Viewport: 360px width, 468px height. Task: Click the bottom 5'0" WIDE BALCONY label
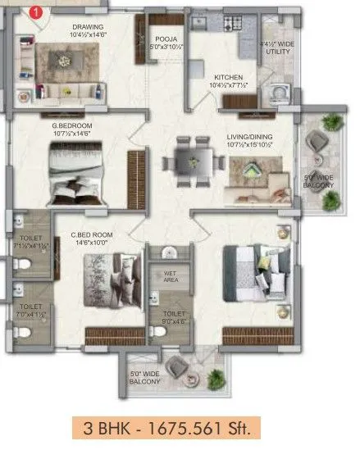[145, 379]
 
